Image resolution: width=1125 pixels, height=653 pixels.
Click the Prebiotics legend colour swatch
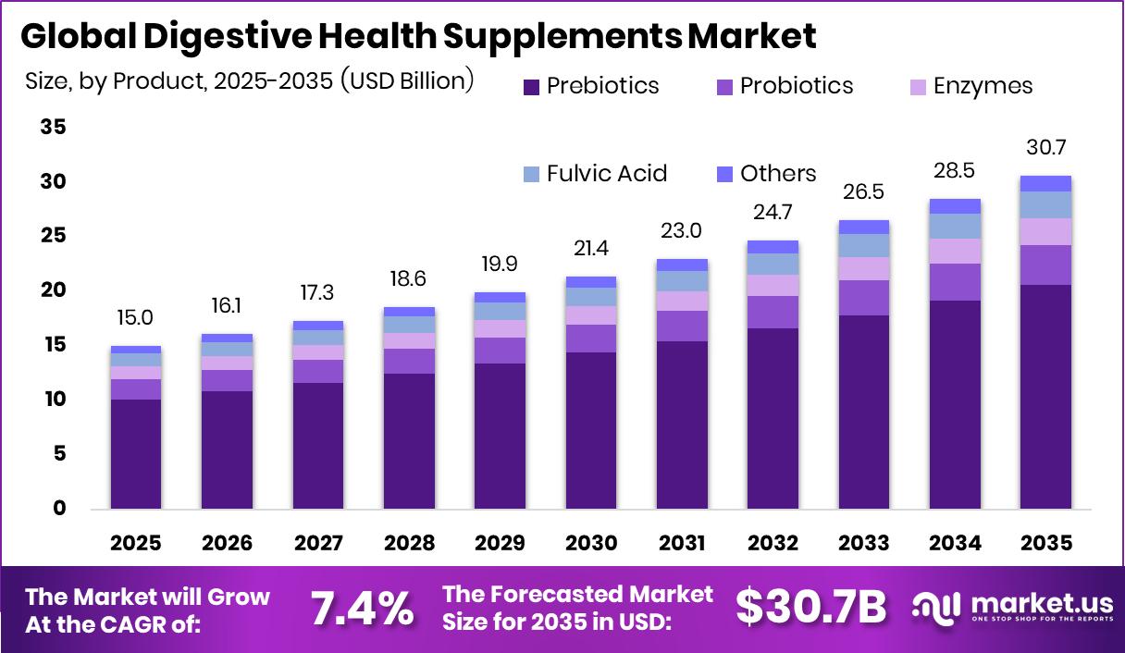(532, 87)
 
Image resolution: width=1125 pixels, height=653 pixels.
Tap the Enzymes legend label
(983, 87)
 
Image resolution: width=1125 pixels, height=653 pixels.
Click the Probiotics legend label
(797, 87)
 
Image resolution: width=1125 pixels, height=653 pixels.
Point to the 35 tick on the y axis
(53, 128)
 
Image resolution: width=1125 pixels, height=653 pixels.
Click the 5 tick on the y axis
(59, 454)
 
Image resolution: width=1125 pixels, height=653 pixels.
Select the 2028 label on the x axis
(409, 543)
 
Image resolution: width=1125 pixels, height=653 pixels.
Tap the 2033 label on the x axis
(863, 543)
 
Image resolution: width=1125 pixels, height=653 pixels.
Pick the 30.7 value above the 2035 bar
(1045, 148)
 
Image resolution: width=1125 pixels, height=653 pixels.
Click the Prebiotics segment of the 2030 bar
(591, 430)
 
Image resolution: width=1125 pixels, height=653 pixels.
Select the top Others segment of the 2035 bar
(1045, 183)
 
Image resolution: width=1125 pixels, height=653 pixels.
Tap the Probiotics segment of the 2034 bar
(955, 282)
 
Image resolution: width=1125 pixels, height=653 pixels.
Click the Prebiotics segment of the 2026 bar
(228, 450)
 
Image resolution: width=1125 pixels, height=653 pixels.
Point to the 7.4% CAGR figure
(361, 608)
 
